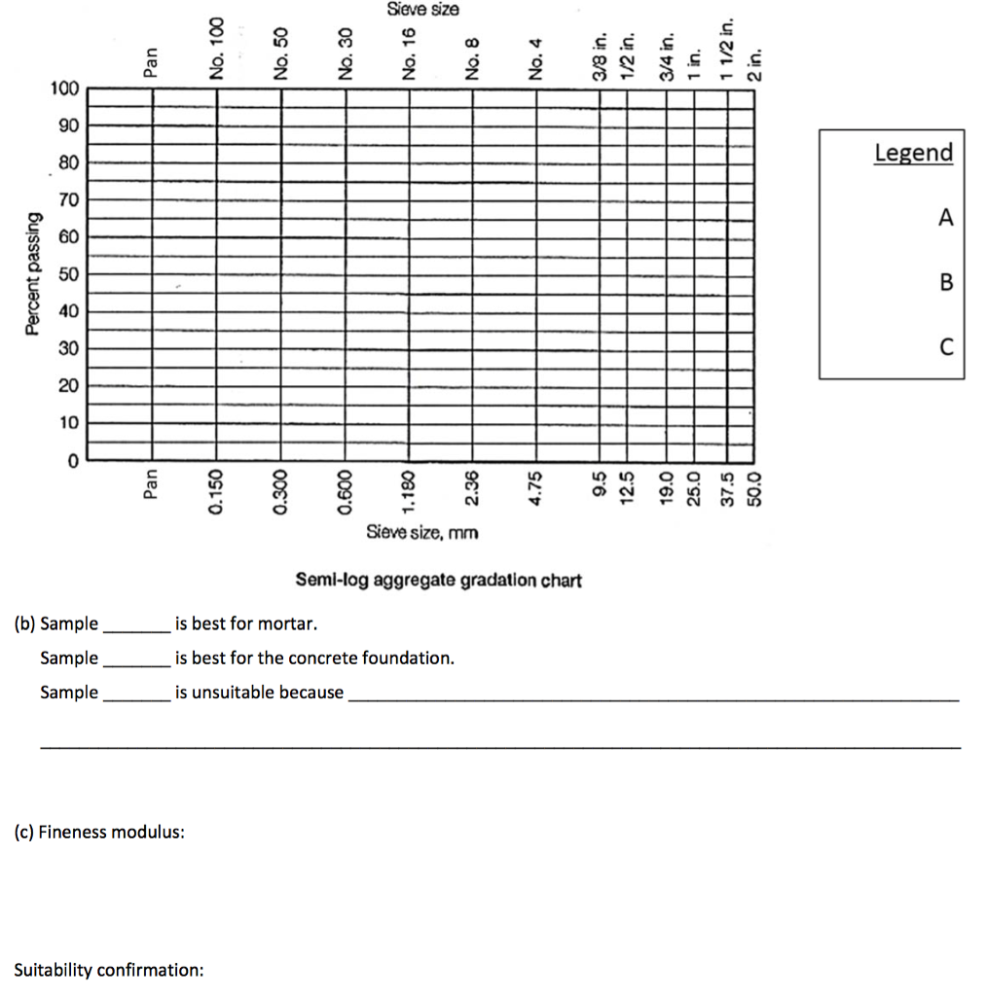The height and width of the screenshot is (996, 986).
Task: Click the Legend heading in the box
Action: [x=913, y=153]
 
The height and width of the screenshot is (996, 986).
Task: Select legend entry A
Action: [x=945, y=218]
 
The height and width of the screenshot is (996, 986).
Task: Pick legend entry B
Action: [x=945, y=282]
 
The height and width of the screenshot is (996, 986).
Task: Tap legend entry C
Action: [x=945, y=347]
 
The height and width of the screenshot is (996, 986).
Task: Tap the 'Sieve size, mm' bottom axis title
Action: [x=422, y=532]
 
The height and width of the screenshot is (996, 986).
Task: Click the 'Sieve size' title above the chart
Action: [x=422, y=10]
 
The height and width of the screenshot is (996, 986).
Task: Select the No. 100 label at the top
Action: [x=217, y=48]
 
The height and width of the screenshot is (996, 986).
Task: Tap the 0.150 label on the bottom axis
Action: [x=217, y=494]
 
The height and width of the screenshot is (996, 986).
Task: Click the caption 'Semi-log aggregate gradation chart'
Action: [x=438, y=581]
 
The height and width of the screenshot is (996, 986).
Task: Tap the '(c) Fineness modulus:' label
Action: [x=99, y=833]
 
